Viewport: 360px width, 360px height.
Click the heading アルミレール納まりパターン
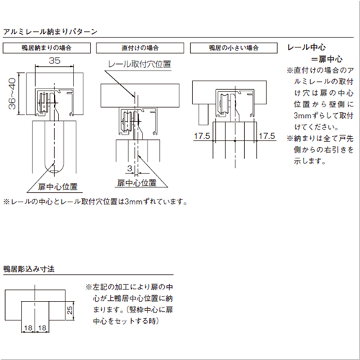point(45,32)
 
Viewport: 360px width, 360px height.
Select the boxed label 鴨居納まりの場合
point(48,48)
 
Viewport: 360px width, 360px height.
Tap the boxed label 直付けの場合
point(140,48)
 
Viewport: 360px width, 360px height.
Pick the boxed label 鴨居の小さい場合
point(233,48)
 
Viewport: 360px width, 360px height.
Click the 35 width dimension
point(55,63)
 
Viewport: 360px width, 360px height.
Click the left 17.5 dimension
point(202,135)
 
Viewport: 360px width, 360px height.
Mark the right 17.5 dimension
point(267,135)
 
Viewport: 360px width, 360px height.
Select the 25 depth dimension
point(68,310)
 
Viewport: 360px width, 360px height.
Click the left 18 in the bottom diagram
point(28,328)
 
